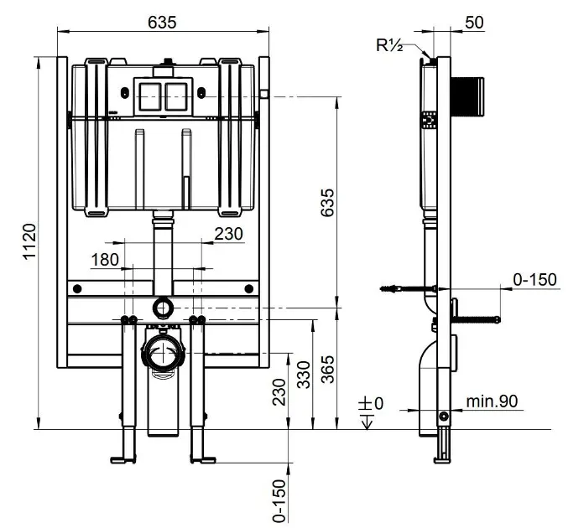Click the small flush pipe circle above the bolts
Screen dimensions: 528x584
163,308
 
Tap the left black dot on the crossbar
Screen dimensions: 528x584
78,288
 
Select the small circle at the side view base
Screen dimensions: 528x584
443,417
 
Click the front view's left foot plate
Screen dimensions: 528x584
123,458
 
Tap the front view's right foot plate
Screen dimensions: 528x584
204,458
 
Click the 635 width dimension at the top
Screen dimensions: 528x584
163,23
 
